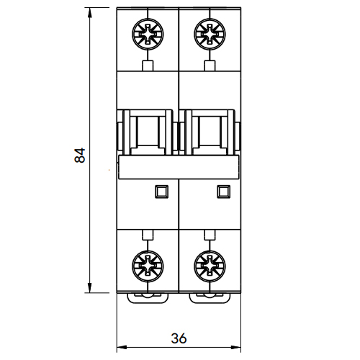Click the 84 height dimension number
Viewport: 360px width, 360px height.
click(x=80, y=156)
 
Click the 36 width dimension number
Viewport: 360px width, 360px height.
click(x=179, y=338)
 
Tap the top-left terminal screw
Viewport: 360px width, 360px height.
click(x=148, y=35)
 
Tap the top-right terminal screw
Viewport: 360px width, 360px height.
click(x=210, y=35)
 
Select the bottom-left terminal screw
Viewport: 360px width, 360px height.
click(x=148, y=266)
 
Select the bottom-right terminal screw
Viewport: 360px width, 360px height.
click(x=210, y=266)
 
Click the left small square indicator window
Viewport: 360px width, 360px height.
click(x=161, y=192)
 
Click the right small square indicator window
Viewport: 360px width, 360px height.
click(x=223, y=192)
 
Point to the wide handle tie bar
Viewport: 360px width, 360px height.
click(x=179, y=167)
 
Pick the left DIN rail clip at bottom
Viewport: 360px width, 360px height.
click(x=148, y=298)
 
